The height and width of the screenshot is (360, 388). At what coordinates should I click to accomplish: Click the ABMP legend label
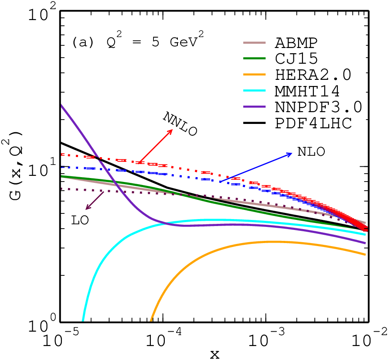tap(296, 43)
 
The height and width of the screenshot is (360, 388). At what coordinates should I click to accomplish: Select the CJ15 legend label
tap(296, 59)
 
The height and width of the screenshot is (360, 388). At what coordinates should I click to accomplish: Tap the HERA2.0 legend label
tap(313, 75)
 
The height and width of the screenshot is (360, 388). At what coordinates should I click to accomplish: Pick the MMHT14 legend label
tap(307, 91)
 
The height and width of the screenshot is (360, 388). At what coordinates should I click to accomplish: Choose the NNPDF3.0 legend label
tap(319, 107)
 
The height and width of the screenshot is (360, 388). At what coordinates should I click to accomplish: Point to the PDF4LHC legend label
tap(313, 123)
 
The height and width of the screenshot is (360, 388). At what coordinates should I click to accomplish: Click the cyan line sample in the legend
tap(254, 91)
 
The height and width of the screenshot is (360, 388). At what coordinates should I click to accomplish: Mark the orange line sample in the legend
tap(254, 75)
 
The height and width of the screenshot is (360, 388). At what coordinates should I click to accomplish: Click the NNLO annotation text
tap(180, 123)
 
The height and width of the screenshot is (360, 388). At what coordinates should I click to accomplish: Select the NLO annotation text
tap(311, 152)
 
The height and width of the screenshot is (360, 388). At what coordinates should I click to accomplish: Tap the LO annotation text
tap(80, 220)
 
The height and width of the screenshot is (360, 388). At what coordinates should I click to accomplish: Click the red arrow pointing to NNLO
tap(155, 146)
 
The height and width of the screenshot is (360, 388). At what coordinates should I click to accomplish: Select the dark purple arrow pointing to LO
tap(95, 201)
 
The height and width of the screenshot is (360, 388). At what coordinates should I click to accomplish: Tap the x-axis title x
tap(215, 355)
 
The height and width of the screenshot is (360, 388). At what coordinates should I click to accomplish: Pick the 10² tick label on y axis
tap(42, 14)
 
